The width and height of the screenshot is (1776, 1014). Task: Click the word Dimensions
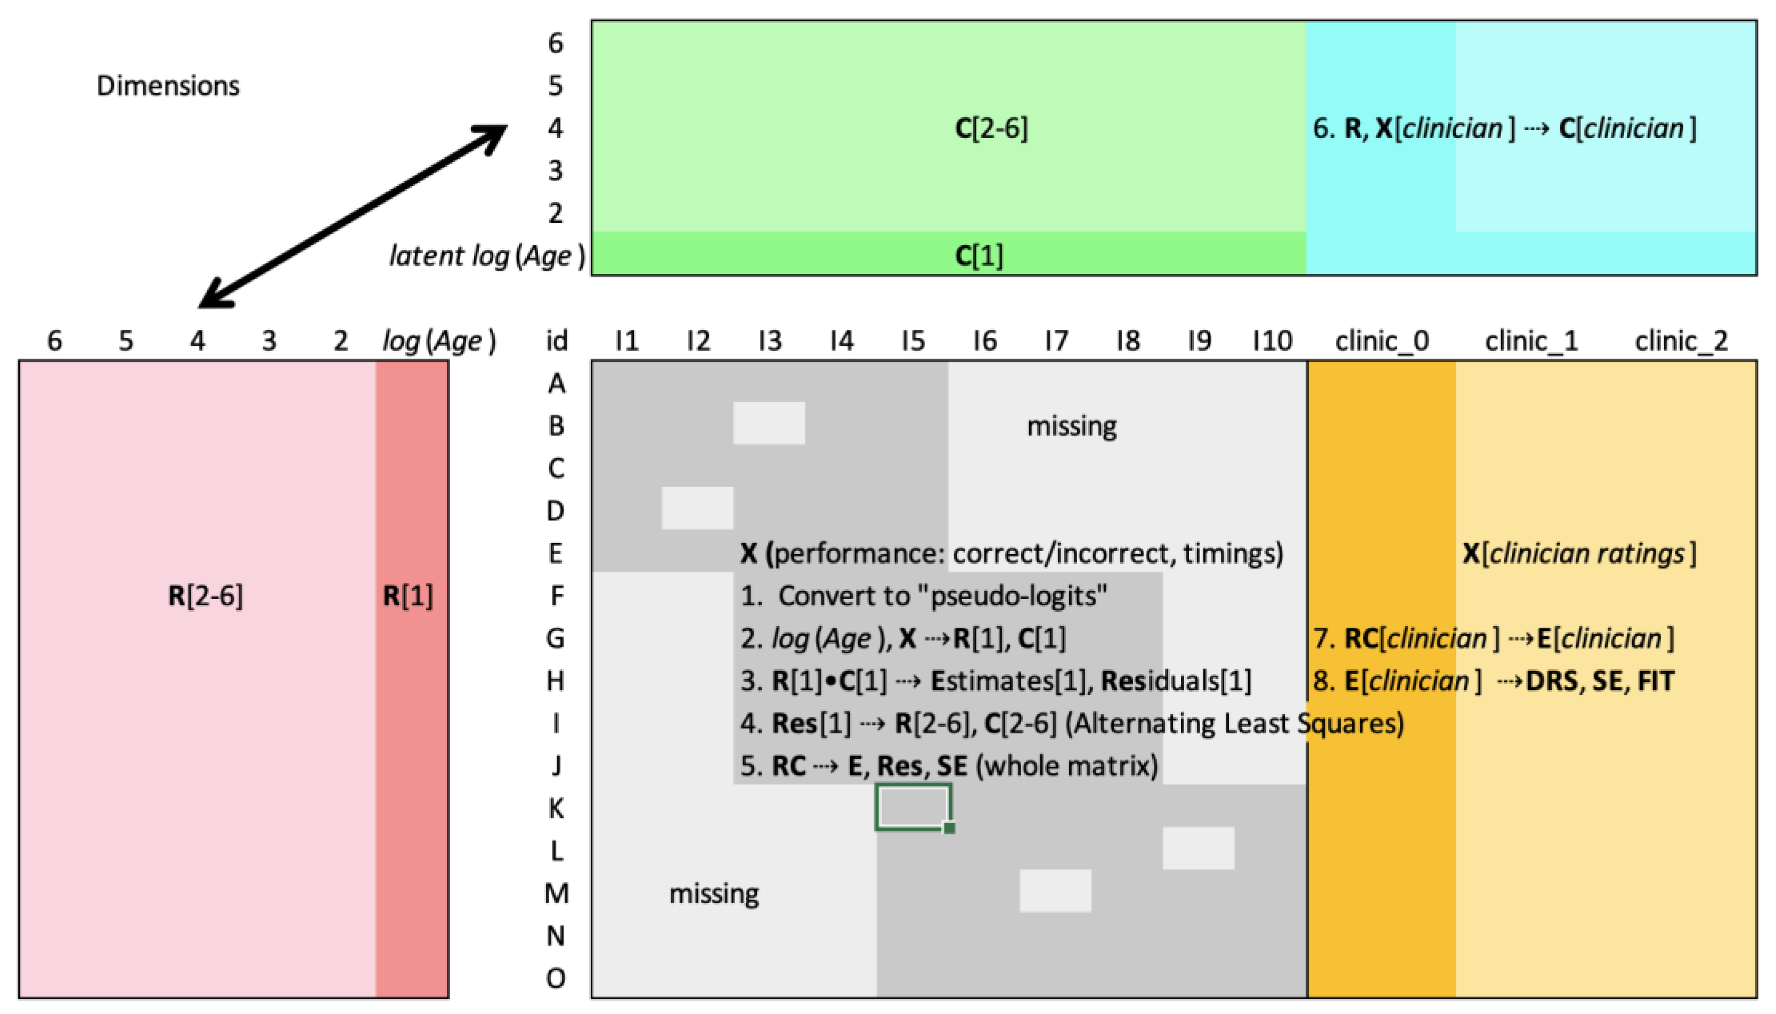tap(168, 86)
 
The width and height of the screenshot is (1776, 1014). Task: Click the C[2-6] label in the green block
tap(991, 128)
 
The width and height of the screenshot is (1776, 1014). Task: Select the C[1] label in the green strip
tap(978, 256)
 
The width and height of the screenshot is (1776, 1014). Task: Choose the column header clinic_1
tap(1531, 340)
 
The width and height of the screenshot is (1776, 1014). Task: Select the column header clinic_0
tap(1382, 340)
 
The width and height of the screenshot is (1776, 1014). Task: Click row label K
tap(556, 808)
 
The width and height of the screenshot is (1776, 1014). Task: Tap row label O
tap(556, 978)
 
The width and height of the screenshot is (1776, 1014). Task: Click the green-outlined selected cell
tap(913, 807)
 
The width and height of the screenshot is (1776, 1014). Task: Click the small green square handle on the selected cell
tap(949, 828)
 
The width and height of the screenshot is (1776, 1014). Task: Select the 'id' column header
tap(556, 340)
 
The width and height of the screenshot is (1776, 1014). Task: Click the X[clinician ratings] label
tap(1579, 554)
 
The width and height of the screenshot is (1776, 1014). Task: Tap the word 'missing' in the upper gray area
tap(1071, 426)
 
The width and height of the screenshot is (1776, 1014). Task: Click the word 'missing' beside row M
tap(714, 893)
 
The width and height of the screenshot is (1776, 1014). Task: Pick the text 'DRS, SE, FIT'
tap(1600, 680)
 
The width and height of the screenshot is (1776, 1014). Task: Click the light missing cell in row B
tap(769, 423)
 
